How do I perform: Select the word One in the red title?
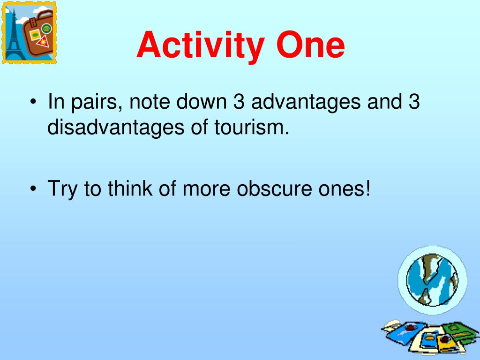tap(310, 45)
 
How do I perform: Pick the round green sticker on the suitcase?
tap(46, 29)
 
